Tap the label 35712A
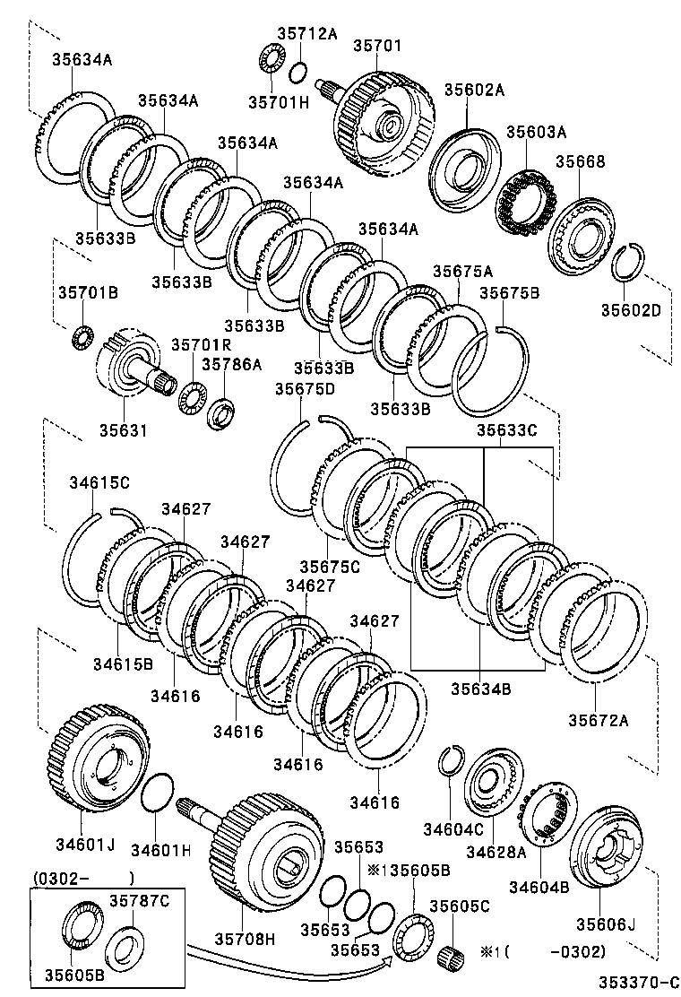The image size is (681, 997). [306, 34]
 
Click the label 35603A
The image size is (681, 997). [537, 132]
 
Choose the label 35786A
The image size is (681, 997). [231, 364]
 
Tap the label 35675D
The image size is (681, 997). [305, 388]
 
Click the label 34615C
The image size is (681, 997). [99, 482]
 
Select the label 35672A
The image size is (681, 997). [599, 719]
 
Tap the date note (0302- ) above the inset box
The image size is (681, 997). [83, 878]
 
